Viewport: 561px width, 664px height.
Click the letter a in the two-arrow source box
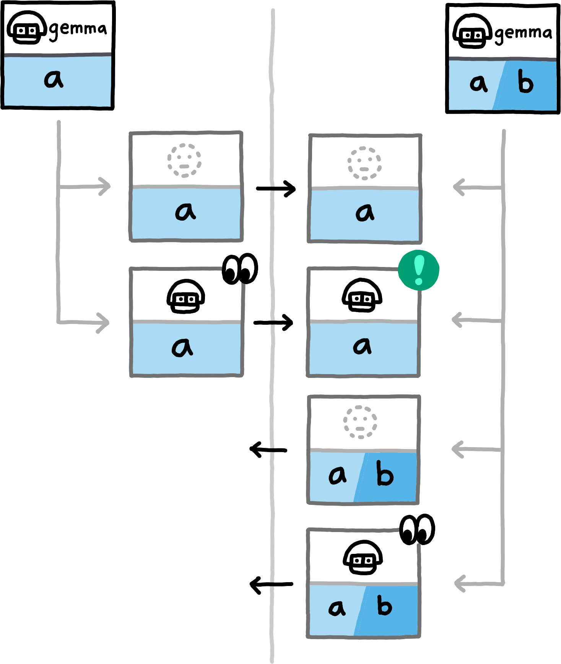pos(54,80)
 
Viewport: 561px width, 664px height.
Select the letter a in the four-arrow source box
pos(478,83)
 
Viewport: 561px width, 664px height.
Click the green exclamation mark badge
pos(419,270)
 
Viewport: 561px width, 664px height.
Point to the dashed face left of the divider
pos(184,161)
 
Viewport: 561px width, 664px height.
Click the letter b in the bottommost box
pos(384,606)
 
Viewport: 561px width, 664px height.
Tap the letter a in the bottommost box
pos(337,608)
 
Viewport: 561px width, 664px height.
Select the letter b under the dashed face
pos(384,474)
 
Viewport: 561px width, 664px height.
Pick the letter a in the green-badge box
pos(362,346)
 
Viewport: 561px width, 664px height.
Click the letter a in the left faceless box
pos(182,347)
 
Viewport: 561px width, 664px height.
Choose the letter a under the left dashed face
pos(185,212)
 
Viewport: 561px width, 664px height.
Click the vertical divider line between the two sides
pos(272,382)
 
